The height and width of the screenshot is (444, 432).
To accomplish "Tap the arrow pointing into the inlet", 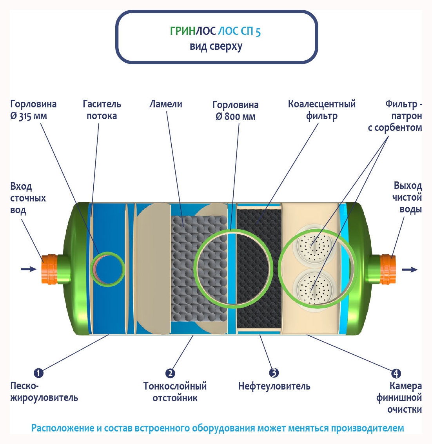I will [28, 269].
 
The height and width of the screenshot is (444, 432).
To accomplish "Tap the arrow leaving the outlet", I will [410, 270].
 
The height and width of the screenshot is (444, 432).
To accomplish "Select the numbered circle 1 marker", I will [38, 373].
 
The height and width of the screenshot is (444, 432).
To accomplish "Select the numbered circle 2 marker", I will [170, 373].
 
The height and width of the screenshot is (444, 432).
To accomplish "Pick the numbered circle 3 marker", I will [274, 373].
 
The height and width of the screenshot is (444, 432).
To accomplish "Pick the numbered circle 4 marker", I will [396, 373].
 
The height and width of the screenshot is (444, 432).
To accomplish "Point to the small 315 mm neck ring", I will [107, 268].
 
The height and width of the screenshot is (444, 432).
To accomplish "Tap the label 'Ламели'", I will [166, 104].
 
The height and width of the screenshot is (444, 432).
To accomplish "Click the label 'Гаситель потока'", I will [102, 110].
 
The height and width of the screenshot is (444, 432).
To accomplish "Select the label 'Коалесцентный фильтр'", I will [322, 110].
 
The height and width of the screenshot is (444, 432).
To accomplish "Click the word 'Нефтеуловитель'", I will [274, 386].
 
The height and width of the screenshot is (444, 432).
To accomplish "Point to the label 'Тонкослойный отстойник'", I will [175, 392].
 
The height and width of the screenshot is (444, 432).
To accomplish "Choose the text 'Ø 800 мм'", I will [236, 117].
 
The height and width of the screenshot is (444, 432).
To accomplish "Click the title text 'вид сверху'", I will [216, 46].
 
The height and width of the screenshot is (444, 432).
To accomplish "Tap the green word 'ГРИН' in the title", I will [182, 31].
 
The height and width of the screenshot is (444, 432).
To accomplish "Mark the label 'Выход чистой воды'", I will [408, 197].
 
